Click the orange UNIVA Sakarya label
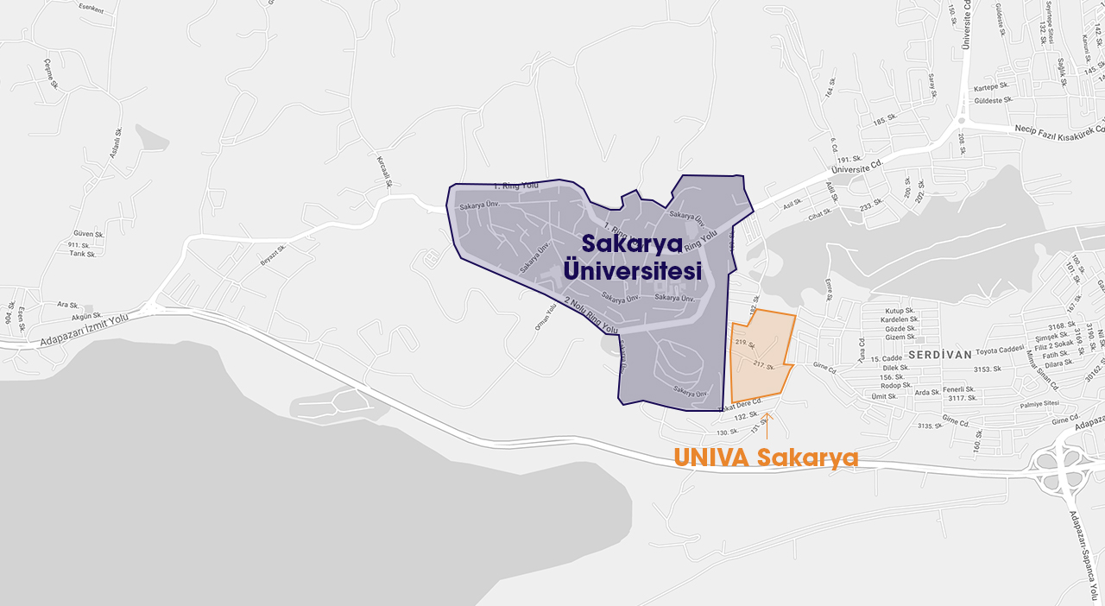click(766, 457)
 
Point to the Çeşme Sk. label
click(52, 74)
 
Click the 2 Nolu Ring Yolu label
click(592, 316)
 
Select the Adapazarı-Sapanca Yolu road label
click(1086, 552)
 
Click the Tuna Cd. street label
click(861, 349)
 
